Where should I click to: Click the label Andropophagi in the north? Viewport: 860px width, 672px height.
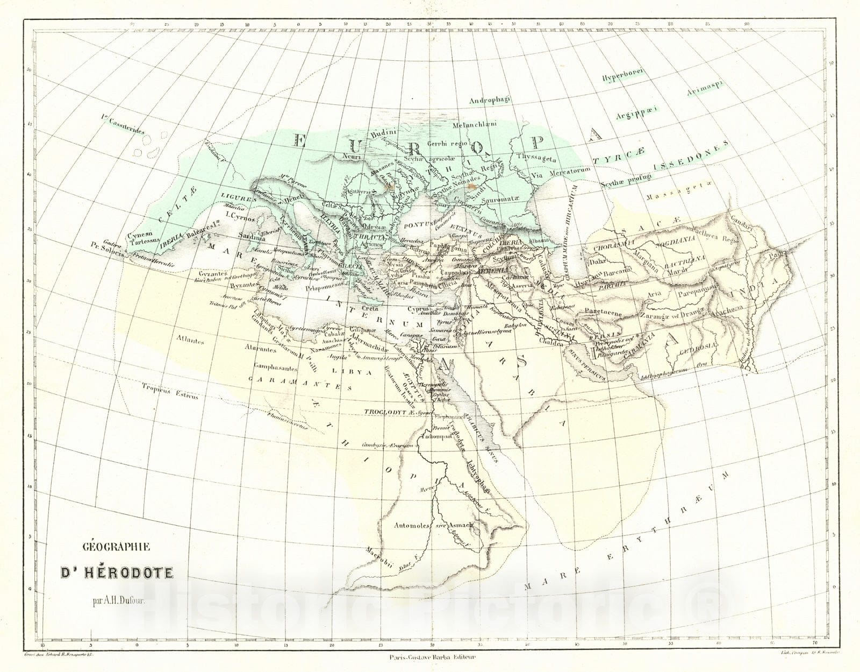click(492, 100)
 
